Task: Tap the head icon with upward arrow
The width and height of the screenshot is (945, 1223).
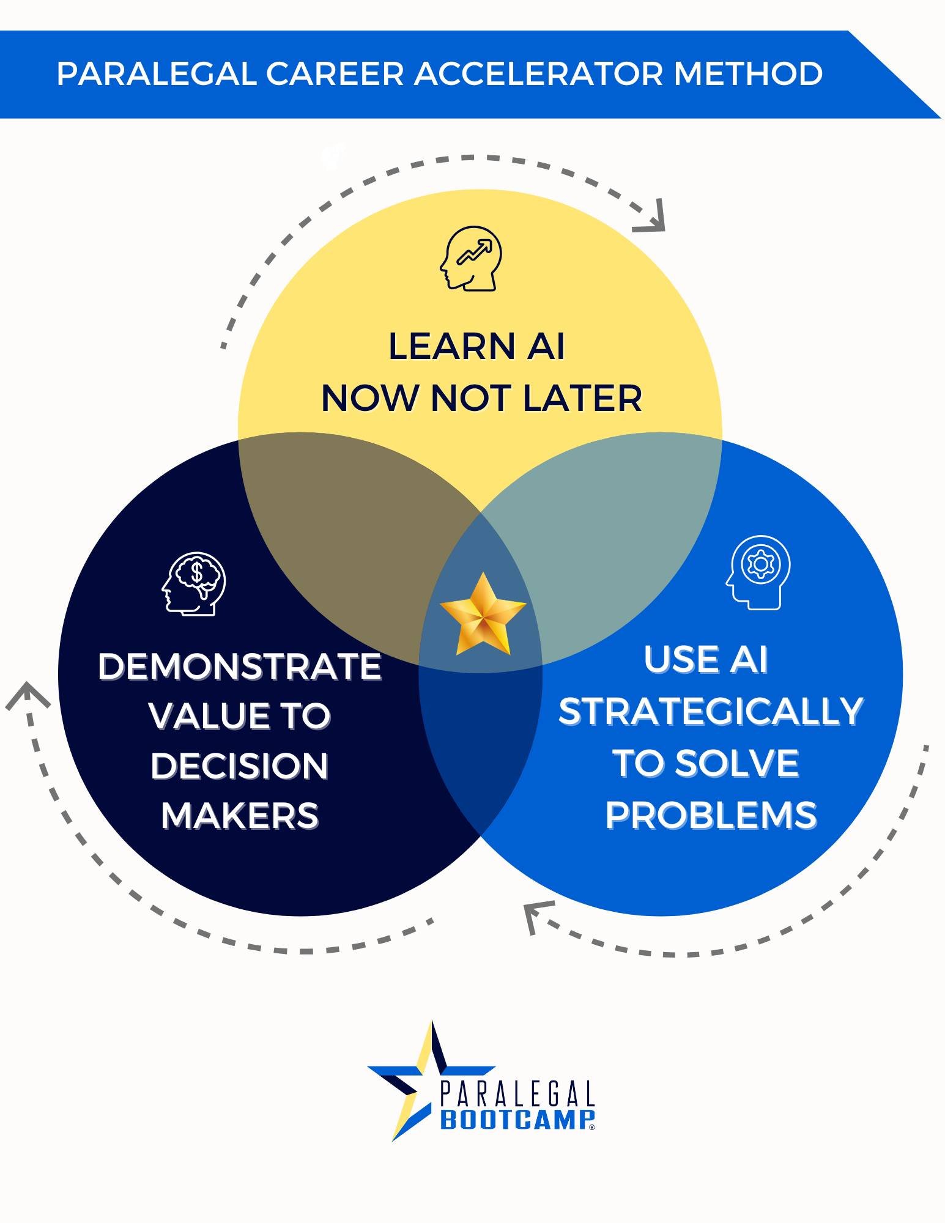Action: [x=471, y=258]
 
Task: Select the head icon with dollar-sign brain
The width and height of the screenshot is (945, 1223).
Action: [x=194, y=583]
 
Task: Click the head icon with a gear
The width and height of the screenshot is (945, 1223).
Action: [x=758, y=572]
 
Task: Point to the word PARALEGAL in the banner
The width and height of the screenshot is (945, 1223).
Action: [x=157, y=74]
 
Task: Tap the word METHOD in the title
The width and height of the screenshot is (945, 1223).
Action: [x=747, y=74]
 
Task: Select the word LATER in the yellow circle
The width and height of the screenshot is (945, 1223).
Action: [x=582, y=398]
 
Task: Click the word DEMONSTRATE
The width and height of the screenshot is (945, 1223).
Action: [x=240, y=666]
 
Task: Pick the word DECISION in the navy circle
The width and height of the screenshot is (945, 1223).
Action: [x=240, y=766]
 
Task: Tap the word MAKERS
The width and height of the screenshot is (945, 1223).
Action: [x=240, y=816]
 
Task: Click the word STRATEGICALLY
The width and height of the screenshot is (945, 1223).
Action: [x=711, y=711]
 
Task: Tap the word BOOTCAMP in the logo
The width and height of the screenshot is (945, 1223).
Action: [x=517, y=1120]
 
